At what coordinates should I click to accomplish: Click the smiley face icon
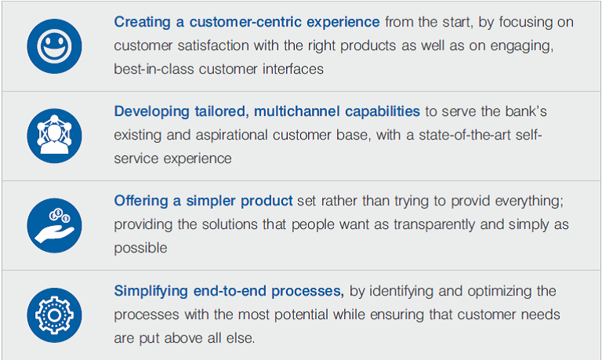click(x=54, y=46)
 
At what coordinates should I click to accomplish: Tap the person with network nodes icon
click(x=54, y=136)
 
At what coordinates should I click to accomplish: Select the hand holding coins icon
click(x=54, y=226)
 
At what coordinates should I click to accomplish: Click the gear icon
click(x=54, y=315)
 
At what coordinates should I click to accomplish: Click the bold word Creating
click(x=142, y=22)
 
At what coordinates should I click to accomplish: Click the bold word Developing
click(x=151, y=112)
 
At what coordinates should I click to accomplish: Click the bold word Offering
click(x=141, y=202)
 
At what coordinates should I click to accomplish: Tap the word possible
click(x=140, y=248)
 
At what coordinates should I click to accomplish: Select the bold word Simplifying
click(x=150, y=291)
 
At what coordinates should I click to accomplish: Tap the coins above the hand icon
click(x=60, y=216)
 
